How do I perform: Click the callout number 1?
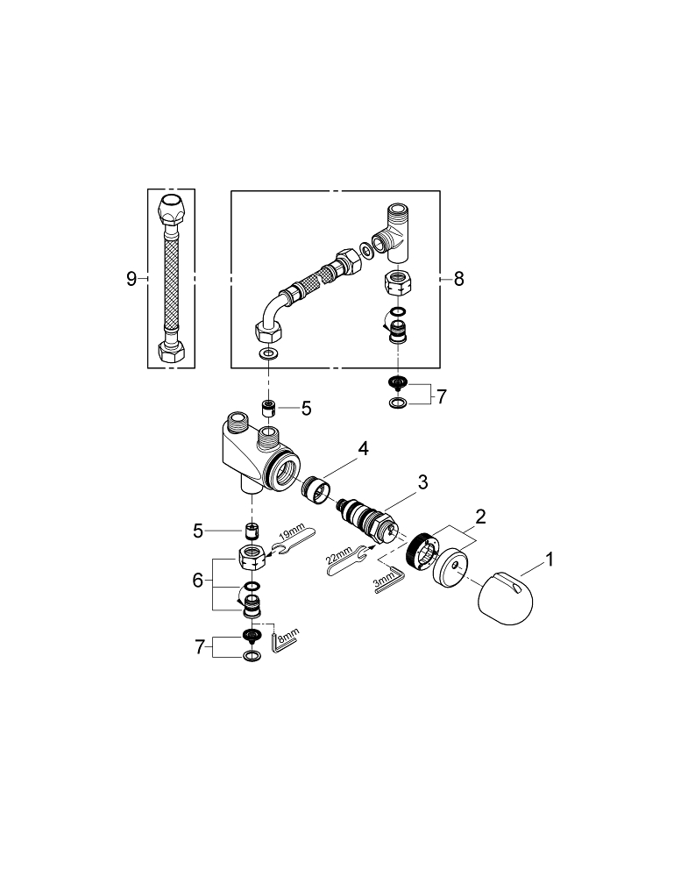click(549, 558)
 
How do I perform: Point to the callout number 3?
click(422, 481)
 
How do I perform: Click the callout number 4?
click(363, 449)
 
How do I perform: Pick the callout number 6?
click(198, 581)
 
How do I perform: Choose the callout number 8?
click(458, 279)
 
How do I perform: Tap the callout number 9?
click(131, 279)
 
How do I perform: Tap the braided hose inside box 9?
click(170, 278)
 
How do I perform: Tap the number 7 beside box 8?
click(441, 396)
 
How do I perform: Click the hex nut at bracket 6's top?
click(252, 554)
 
